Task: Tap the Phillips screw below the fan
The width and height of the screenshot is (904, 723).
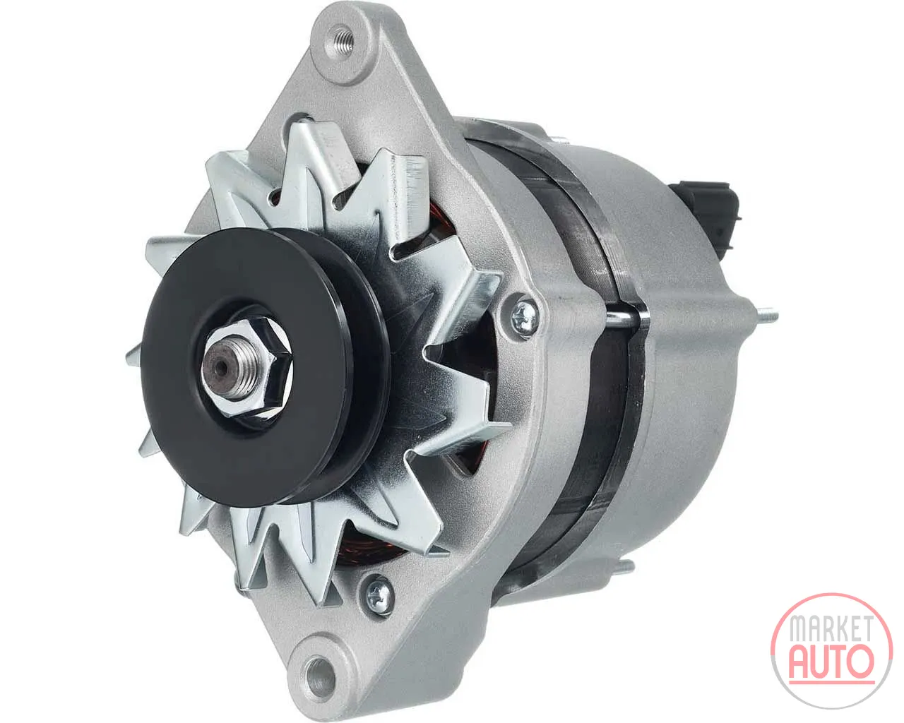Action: (x=377, y=593)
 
